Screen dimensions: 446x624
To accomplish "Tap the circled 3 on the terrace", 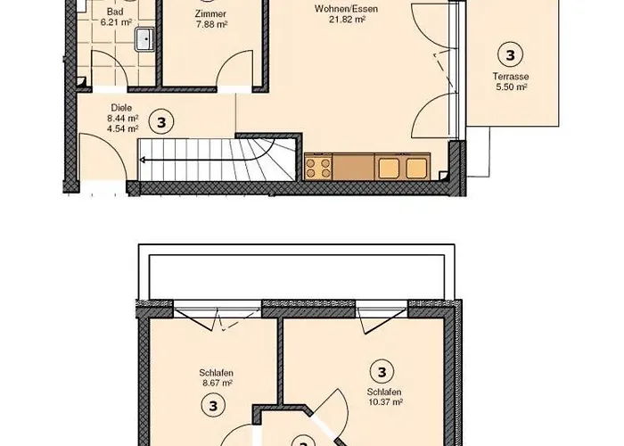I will pos(510,54).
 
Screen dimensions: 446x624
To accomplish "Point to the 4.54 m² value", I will pos(122,128).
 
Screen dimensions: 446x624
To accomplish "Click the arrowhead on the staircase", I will pos(142,161).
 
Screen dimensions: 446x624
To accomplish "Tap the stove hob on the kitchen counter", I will pos(319,167).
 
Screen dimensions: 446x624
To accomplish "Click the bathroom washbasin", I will pos(143,39).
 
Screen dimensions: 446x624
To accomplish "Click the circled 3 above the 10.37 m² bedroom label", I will pos(382,372).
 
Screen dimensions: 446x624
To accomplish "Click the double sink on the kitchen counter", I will pos(403,167).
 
